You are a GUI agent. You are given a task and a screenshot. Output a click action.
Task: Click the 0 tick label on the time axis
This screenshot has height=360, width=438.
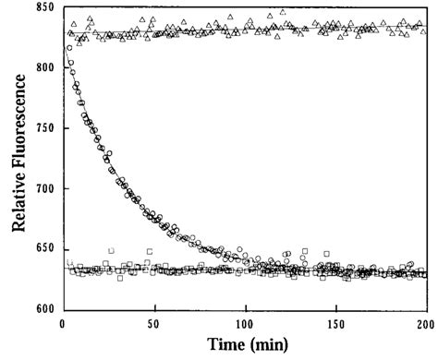pyautogui.click(x=62, y=322)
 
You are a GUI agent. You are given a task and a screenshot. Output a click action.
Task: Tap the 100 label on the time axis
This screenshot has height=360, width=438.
pyautogui.click(x=244, y=322)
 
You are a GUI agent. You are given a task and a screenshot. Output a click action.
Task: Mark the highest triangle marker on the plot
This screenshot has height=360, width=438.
pyautogui.click(x=282, y=13)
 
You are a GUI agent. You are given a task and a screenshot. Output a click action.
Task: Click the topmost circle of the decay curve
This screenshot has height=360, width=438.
pyautogui.click(x=65, y=62)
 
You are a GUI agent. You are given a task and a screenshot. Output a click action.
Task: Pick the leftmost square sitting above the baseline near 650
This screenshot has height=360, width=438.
pyautogui.click(x=111, y=250)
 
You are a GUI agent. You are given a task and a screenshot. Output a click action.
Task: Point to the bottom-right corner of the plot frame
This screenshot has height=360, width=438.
pyautogui.click(x=426, y=309)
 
